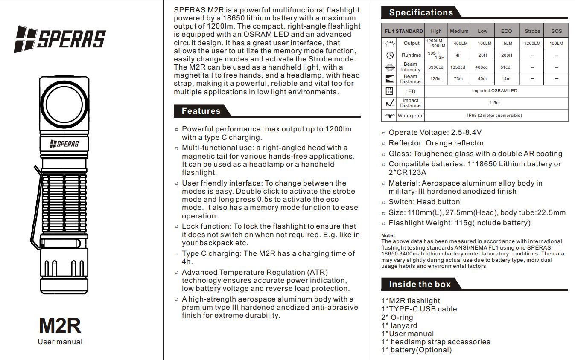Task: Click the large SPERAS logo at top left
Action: tap(60, 39)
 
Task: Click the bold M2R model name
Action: tap(60, 325)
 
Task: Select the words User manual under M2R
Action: tap(60, 342)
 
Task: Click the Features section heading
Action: tap(201, 111)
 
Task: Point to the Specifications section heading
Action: tap(421, 12)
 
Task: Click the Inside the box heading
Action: tap(420, 284)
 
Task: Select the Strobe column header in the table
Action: tap(532, 31)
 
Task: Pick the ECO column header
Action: tap(506, 31)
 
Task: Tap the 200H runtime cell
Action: tap(506, 55)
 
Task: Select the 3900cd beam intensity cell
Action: tap(436, 67)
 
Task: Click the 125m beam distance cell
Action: tap(436, 79)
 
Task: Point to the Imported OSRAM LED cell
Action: tap(494, 91)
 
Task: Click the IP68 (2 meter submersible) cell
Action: tap(494, 116)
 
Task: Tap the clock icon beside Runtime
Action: tap(390, 55)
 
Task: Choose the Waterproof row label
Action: tap(411, 116)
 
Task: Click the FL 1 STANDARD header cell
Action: tap(403, 31)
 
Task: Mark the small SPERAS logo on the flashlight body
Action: tap(64, 144)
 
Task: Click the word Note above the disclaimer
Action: tap(387, 235)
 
